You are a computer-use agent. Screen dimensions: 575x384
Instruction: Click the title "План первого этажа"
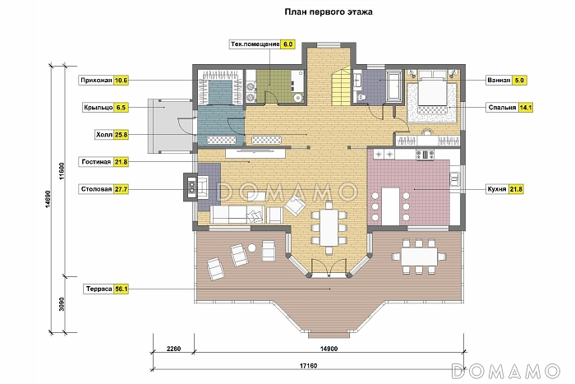pyautogui.click(x=329, y=12)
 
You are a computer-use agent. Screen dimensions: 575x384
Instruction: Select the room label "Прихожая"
pyautogui.click(x=96, y=81)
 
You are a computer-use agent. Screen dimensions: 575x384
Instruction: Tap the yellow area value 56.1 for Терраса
pyautogui.click(x=122, y=289)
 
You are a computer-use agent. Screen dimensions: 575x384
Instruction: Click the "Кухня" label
pyautogui.click(x=496, y=189)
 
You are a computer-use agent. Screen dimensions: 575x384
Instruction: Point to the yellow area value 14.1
pyautogui.click(x=526, y=108)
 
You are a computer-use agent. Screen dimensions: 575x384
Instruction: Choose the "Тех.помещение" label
pyautogui.click(x=255, y=44)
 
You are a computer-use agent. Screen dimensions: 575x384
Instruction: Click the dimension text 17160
pyautogui.click(x=308, y=366)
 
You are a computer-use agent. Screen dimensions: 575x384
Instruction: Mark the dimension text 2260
pyautogui.click(x=173, y=349)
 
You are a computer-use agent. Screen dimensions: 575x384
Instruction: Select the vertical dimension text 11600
pyautogui.click(x=62, y=171)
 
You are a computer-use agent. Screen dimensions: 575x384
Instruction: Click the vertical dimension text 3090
pyautogui.click(x=62, y=304)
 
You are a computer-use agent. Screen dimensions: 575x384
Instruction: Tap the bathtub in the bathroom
pyautogui.click(x=394, y=86)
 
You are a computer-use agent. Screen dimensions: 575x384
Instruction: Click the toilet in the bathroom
pyautogui.click(x=361, y=98)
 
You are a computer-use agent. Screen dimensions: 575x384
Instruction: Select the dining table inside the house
pyautogui.click(x=329, y=227)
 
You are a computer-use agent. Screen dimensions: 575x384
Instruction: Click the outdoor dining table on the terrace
pyautogui.click(x=419, y=257)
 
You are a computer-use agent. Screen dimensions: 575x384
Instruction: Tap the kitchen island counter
pyautogui.click(x=390, y=206)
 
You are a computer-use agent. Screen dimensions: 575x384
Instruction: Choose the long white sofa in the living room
pyautogui.click(x=237, y=215)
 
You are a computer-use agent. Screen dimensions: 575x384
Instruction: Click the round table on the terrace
pyautogui.click(x=252, y=248)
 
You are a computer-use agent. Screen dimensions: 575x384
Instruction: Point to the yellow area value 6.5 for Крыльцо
pyautogui.click(x=121, y=108)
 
